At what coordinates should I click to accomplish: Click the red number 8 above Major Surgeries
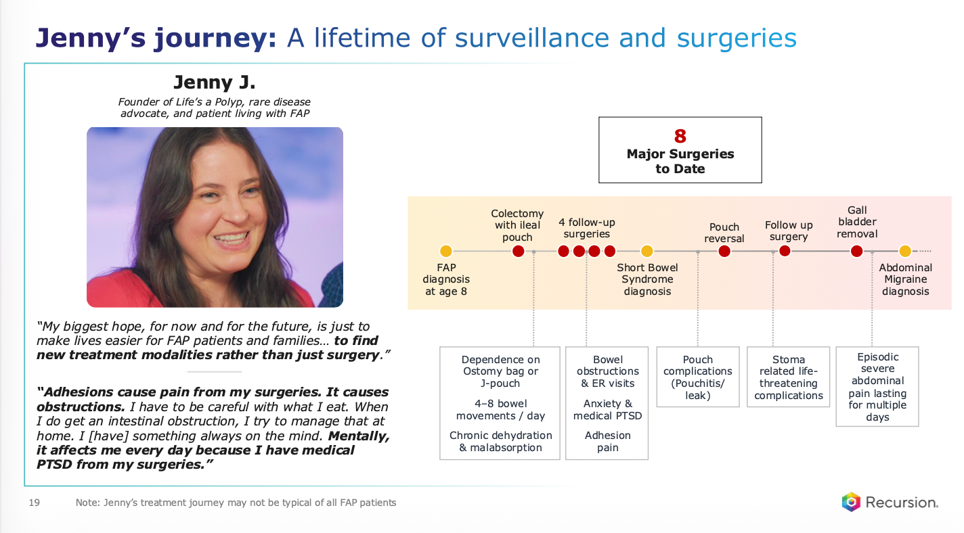click(x=680, y=136)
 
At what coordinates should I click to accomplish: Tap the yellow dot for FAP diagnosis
click(x=446, y=251)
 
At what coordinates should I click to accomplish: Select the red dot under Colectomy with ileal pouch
click(x=518, y=251)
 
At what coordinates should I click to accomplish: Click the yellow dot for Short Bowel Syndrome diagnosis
click(x=647, y=251)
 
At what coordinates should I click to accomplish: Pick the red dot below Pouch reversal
click(x=724, y=251)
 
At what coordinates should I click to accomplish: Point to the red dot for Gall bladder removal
click(x=857, y=251)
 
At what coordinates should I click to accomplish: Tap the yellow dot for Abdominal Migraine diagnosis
click(x=905, y=251)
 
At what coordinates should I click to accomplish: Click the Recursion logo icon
click(x=851, y=502)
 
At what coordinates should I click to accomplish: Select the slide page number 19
click(x=35, y=503)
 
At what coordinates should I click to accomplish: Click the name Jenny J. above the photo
click(x=215, y=82)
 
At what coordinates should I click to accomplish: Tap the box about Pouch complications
click(x=697, y=377)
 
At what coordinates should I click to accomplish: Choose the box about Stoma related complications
click(x=789, y=377)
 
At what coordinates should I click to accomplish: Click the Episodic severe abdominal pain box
click(x=877, y=386)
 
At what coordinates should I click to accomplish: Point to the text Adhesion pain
click(x=608, y=442)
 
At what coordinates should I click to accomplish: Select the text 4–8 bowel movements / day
click(x=500, y=410)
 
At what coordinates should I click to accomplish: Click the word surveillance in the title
click(x=532, y=38)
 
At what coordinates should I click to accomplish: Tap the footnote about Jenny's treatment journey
click(x=236, y=503)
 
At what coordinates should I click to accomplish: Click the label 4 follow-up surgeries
click(x=586, y=228)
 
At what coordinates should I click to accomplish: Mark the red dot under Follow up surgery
click(x=785, y=251)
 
